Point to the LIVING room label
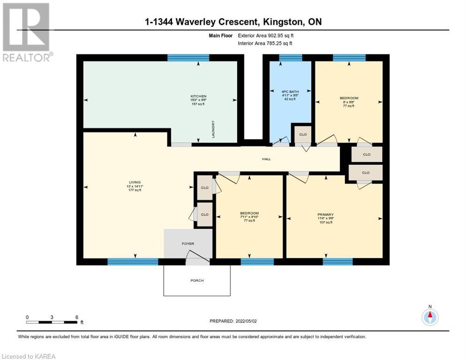pos(135,182)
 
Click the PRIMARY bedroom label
pos(325,214)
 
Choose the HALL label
pos(266,159)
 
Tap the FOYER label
pos(188,244)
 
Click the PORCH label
pos(197,280)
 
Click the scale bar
pos(52,322)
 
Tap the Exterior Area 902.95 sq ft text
pos(266,35)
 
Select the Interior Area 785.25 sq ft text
pos(266,43)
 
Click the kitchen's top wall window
pos(188,58)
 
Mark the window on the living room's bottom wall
pos(126,262)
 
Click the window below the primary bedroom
pos(338,262)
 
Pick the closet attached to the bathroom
pos(303,135)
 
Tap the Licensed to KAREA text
pos(29,356)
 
